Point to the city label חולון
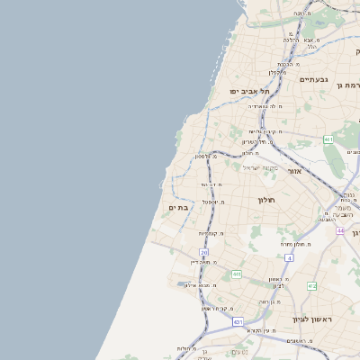pos(265,200)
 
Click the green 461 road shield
pos(328,139)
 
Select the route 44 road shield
pos(340,230)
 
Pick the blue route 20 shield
pos(204,253)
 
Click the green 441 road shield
pos(236,274)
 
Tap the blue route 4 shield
pos(289,258)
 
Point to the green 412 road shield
pos(311,286)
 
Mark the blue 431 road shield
pos(238,321)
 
